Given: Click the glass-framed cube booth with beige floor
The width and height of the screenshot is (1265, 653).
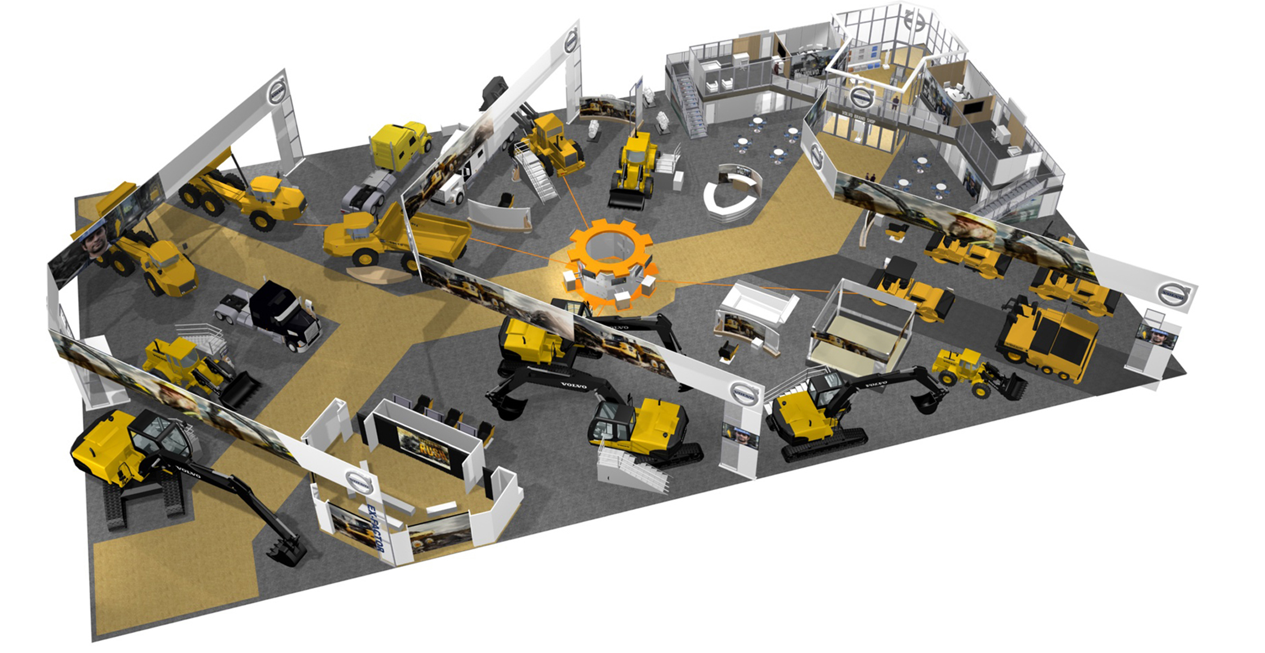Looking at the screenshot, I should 860,326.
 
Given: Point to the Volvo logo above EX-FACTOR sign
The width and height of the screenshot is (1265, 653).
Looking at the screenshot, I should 359,482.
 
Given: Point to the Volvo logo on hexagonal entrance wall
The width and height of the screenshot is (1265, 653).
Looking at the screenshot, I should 816,157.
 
